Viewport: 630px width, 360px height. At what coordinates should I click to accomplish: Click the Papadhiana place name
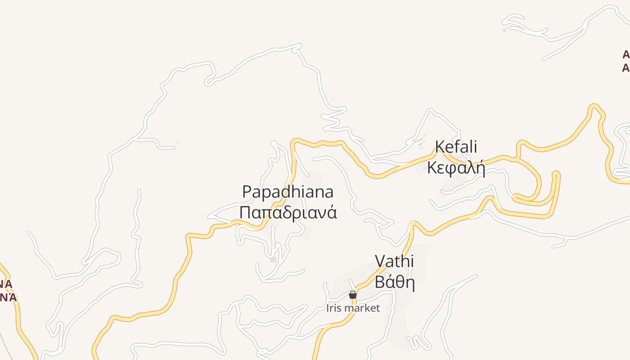point(288,192)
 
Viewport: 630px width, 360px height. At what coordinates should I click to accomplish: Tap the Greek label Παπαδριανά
point(288,212)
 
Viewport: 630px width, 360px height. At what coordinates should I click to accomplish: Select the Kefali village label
point(456,147)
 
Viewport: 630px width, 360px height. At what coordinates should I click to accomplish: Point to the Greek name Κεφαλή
point(456,168)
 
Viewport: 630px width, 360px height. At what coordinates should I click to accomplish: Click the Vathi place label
point(394,261)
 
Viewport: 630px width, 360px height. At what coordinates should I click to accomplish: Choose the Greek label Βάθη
point(394,282)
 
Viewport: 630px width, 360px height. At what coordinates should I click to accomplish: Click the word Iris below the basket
point(333,308)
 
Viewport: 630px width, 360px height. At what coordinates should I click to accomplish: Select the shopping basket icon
point(353,295)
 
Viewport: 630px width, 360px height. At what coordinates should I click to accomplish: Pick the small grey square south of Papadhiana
point(273,260)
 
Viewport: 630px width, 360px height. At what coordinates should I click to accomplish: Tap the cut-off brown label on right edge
point(625,61)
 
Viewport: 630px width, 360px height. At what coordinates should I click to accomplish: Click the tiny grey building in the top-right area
point(505,30)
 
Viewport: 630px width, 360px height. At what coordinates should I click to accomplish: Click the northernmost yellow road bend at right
point(595,107)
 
